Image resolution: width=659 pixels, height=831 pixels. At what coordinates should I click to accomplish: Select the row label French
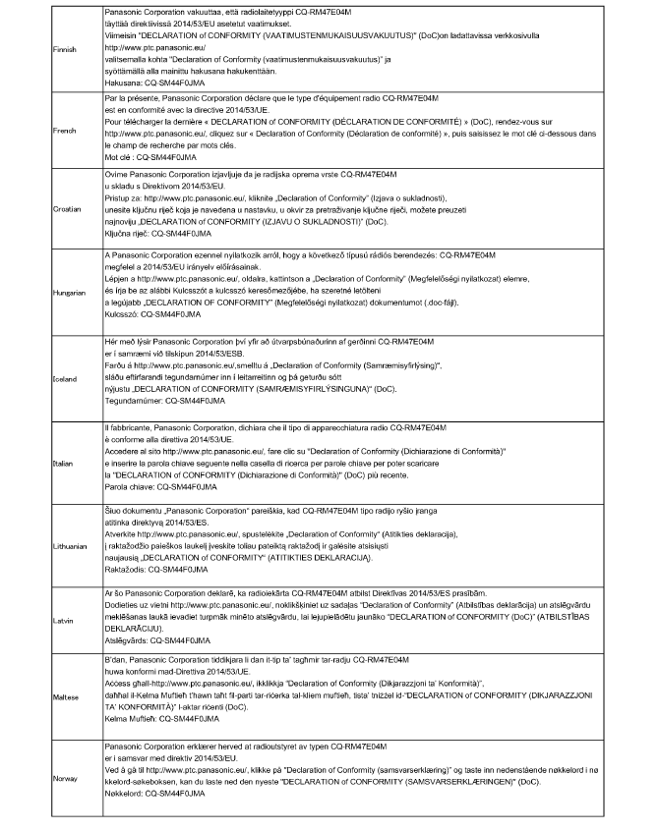coord(65,129)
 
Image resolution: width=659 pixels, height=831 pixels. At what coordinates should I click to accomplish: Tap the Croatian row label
coord(68,208)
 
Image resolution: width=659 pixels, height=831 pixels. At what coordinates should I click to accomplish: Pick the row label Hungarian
coord(71,292)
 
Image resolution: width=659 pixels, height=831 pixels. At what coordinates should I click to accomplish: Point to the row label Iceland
coord(66,376)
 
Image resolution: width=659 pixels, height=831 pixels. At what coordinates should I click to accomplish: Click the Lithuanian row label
coord(72,543)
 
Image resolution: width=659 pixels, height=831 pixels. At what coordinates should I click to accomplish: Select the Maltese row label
coord(67,696)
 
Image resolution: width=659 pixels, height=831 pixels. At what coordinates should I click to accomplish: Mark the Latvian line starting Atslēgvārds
coord(159,639)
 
